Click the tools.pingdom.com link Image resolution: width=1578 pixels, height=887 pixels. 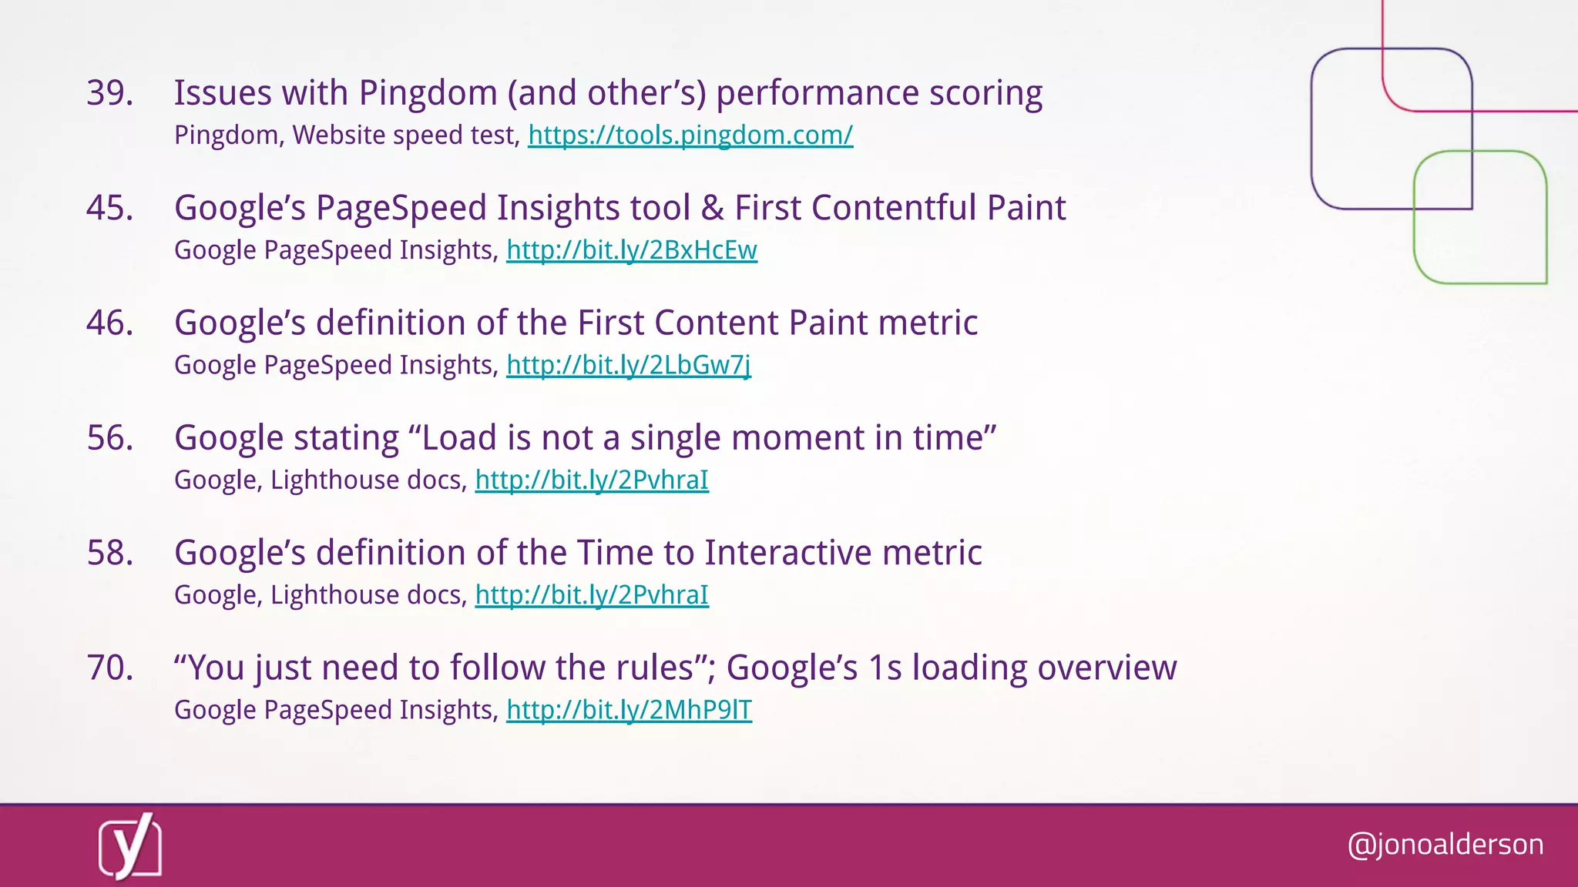coord(690,136)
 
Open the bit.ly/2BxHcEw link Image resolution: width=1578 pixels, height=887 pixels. coord(631,250)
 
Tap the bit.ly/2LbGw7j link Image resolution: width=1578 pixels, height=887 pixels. coord(628,365)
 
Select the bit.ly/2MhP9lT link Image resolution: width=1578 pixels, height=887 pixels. coord(629,710)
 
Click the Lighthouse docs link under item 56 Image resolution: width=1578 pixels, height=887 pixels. coord(591,480)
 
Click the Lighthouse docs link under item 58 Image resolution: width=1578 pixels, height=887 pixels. coord(591,595)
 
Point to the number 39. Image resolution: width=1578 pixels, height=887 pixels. coord(109,93)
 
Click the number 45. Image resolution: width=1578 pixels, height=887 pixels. coord(109,208)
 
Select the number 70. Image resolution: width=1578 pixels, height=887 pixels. coord(109,668)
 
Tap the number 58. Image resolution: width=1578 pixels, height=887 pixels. coord(109,553)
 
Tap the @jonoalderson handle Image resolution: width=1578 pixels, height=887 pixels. coord(1445,845)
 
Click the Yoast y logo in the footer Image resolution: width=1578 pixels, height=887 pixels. coord(130,846)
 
